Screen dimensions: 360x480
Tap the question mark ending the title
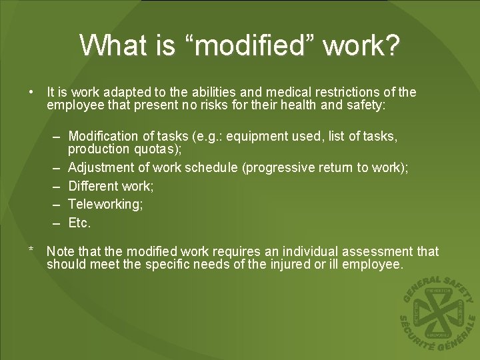393,45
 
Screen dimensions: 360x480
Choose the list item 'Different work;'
111,186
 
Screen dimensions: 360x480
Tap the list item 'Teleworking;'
105,205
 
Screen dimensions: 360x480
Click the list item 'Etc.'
79,223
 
